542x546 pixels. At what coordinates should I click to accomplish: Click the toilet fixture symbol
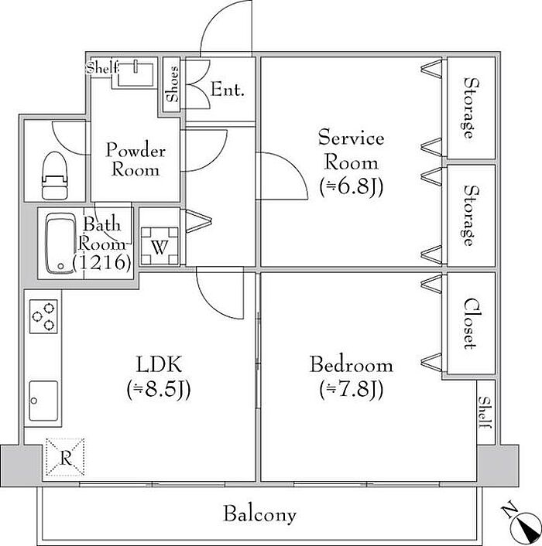pyautogui.click(x=54, y=175)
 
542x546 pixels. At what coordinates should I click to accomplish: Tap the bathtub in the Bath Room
pyautogui.click(x=61, y=244)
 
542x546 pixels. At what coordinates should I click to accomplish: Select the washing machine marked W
pyautogui.click(x=160, y=246)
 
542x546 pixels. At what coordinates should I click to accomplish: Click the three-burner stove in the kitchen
pyautogui.click(x=43, y=316)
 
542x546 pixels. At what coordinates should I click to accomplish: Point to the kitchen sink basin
pyautogui.click(x=43, y=401)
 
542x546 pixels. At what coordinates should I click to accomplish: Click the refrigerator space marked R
pyautogui.click(x=65, y=457)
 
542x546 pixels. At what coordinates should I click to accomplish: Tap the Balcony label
pyautogui.click(x=259, y=514)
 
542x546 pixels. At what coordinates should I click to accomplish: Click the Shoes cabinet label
pyautogui.click(x=172, y=84)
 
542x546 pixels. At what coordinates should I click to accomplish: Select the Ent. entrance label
pyautogui.click(x=227, y=90)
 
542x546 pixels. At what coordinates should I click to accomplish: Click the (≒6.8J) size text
pyautogui.click(x=352, y=187)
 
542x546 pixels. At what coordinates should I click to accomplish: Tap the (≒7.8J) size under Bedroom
pyautogui.click(x=352, y=389)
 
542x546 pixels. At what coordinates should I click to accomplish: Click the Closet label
pyautogui.click(x=469, y=323)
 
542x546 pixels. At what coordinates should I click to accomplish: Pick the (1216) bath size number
pyautogui.click(x=101, y=262)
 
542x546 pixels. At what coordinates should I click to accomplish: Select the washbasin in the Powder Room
pyautogui.click(x=135, y=75)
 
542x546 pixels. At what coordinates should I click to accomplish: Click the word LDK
pyautogui.click(x=159, y=364)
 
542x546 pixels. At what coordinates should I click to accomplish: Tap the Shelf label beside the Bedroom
pyautogui.click(x=485, y=413)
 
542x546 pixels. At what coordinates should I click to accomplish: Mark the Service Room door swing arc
pyautogui.click(x=293, y=166)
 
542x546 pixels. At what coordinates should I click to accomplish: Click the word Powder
pyautogui.click(x=135, y=150)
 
